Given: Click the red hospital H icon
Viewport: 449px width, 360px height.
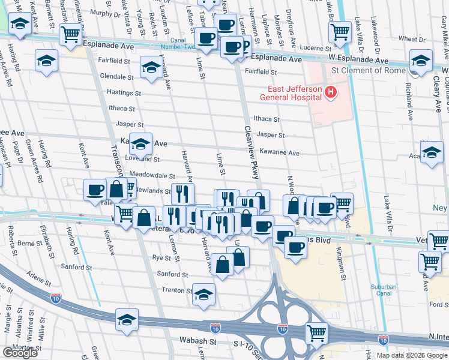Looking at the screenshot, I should point(329,92).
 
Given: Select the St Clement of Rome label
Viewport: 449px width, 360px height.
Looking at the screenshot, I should point(369,71).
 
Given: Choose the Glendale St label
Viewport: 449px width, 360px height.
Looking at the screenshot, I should point(116,77).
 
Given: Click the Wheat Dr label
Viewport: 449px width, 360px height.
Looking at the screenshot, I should point(412,38).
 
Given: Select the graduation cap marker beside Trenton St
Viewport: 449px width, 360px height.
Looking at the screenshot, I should point(204,295).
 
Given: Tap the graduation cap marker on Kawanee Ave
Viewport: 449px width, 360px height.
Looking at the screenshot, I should point(140,145).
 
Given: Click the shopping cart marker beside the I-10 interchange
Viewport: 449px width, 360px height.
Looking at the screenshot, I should point(316,332).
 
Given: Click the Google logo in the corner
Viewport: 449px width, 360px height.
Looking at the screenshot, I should point(20,353).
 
